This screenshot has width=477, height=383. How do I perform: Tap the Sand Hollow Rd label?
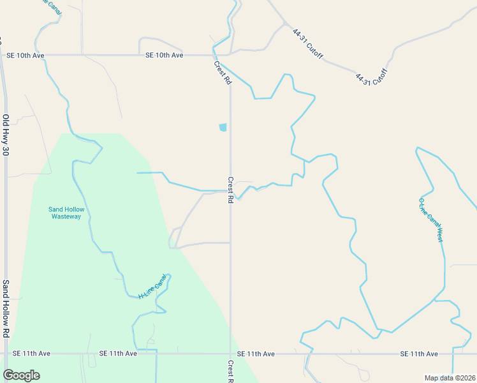pyautogui.click(x=5, y=308)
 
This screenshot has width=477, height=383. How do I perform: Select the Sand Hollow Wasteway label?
pyautogui.click(x=66, y=213)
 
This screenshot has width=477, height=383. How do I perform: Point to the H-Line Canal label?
pyautogui.click(x=156, y=287)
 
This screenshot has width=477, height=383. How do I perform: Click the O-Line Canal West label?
pyautogui.click(x=430, y=220)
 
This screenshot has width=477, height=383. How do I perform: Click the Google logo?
pyautogui.click(x=21, y=375)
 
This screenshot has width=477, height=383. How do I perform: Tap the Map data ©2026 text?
pyautogui.click(x=450, y=378)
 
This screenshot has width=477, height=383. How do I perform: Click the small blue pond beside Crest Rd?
pyautogui.click(x=223, y=127)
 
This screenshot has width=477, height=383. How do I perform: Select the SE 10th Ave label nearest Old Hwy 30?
pyautogui.click(x=25, y=56)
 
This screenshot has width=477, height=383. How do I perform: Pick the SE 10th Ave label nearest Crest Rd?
pyautogui.click(x=164, y=56)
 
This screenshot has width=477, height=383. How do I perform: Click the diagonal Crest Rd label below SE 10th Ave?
pyautogui.click(x=223, y=72)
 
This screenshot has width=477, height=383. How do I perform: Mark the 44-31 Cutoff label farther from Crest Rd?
pyautogui.click(x=371, y=79)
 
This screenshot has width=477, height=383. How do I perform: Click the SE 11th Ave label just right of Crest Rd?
pyautogui.click(x=255, y=354)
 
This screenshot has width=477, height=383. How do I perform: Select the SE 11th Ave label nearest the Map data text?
pyautogui.click(x=419, y=354)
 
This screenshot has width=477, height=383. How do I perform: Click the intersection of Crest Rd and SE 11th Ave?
pyautogui.click(x=230, y=353)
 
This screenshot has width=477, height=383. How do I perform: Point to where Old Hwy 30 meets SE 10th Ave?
pyautogui.click(x=6, y=56)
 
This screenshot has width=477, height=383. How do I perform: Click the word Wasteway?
pyautogui.click(x=66, y=216)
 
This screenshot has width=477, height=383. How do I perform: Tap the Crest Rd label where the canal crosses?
pyautogui.click(x=230, y=190)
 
